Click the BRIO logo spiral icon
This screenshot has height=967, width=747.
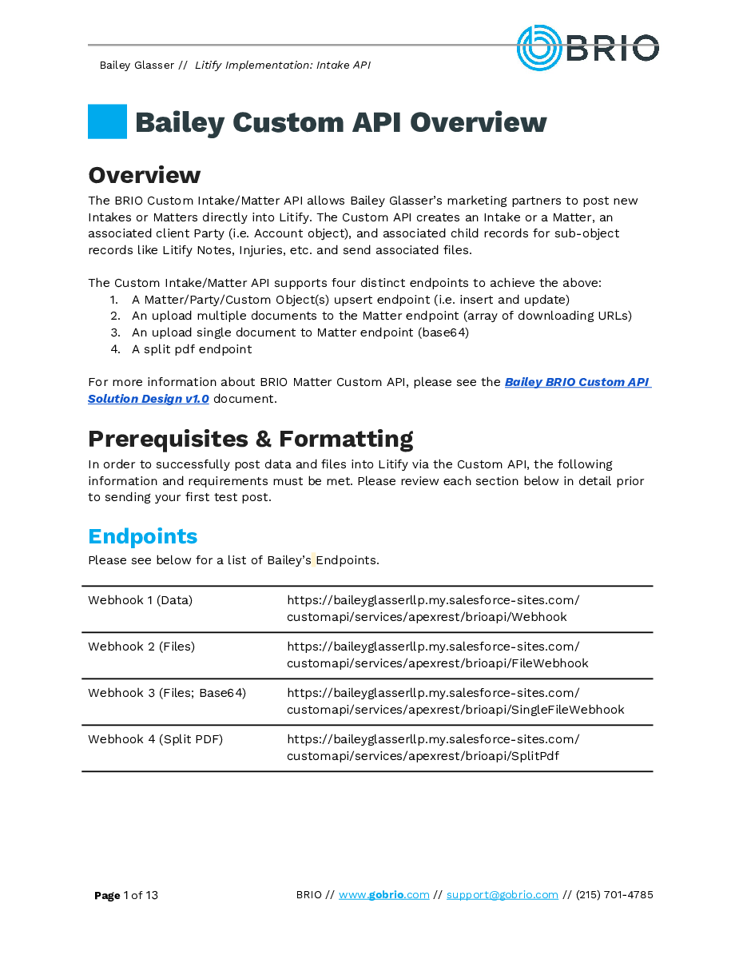[x=539, y=47]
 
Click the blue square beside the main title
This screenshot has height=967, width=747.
[x=107, y=121]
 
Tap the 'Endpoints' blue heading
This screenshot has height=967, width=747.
[x=142, y=536]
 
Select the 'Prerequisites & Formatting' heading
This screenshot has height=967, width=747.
[x=250, y=440]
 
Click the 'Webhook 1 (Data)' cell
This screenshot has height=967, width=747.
[x=140, y=600]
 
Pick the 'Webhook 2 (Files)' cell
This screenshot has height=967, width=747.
[x=141, y=647]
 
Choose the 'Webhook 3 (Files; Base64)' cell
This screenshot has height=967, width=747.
[x=167, y=693]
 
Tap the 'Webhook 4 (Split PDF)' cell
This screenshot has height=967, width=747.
[x=155, y=739]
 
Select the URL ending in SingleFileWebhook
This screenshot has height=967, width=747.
[x=455, y=702]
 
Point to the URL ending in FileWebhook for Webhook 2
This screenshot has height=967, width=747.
[x=437, y=655]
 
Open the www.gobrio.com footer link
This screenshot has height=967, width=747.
[x=383, y=895]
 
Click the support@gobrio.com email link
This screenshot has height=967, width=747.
[x=502, y=895]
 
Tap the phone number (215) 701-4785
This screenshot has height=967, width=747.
[x=614, y=895]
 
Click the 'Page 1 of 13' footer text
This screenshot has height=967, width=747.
[x=126, y=895]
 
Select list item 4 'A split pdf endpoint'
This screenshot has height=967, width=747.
[x=192, y=349]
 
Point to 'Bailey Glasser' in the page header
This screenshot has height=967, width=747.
[x=137, y=65]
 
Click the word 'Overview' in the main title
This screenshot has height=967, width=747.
[x=478, y=123]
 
